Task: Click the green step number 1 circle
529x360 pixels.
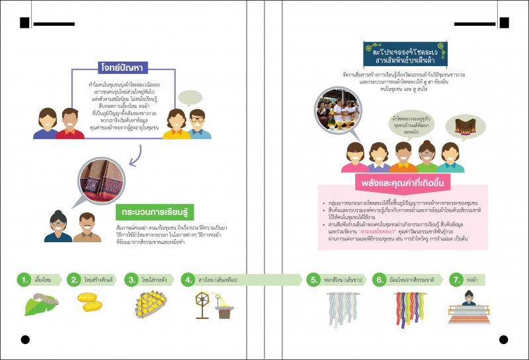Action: (x=24, y=280)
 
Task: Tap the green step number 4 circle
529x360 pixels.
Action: (x=188, y=280)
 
